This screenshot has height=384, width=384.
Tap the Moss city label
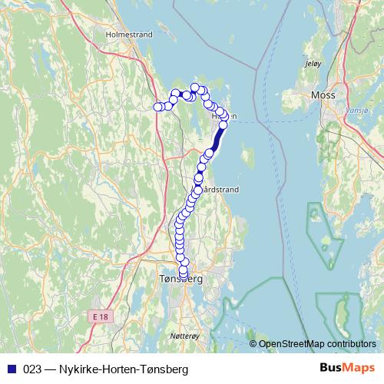tap(323, 94)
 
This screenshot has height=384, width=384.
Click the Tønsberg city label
tap(179, 280)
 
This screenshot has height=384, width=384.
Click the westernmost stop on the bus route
tap(159, 107)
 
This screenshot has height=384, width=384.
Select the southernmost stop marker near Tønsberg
tap(184, 275)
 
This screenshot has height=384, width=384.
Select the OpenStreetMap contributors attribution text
tap(317, 344)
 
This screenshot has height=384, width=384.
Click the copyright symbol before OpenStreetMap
tap(253, 344)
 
